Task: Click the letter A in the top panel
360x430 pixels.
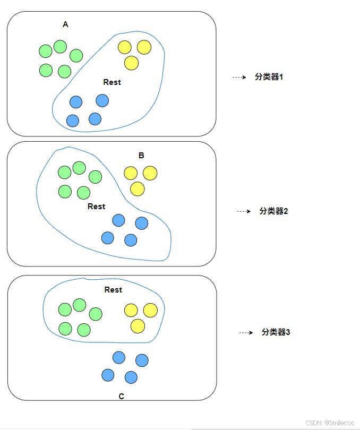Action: coord(65,24)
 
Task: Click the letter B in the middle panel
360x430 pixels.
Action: coord(141,156)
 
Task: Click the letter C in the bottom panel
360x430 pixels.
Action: coord(122,397)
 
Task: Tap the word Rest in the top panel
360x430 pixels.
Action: coord(112,82)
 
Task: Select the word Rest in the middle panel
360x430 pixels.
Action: coord(96,207)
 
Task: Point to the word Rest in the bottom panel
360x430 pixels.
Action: coord(113,290)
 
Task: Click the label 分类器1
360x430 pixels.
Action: coord(269,77)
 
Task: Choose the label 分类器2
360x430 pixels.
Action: coord(273,211)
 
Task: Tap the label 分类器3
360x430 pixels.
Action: coord(276,332)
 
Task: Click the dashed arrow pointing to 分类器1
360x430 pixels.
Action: coord(239,78)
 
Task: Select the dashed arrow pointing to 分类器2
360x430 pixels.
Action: coord(244,211)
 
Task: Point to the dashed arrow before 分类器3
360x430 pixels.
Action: coord(246,333)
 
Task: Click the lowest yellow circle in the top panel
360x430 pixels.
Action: coord(131,63)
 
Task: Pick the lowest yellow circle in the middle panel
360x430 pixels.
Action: coord(138,188)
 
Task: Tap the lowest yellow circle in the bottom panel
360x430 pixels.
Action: coord(138,326)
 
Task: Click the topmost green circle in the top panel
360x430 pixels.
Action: coord(60,47)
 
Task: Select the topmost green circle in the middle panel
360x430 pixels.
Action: coord(79,168)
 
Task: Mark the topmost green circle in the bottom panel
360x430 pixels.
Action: coord(79,305)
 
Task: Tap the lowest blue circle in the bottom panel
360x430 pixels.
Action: coord(131,377)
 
